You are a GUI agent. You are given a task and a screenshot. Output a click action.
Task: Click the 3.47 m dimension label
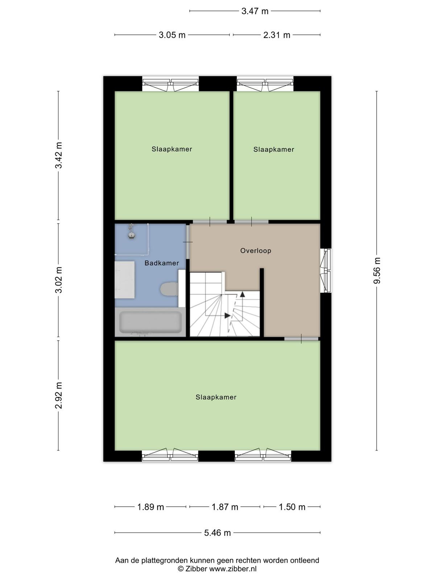tap(255, 11)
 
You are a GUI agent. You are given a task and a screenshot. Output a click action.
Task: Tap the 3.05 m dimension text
tap(172, 35)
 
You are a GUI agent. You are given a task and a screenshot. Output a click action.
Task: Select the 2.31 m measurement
tap(277, 35)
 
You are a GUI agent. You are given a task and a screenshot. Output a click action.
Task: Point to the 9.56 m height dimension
tap(377, 271)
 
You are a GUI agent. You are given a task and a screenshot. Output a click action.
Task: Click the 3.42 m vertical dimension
tap(58, 155)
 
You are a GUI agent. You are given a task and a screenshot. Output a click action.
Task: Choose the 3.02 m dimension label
tap(58, 280)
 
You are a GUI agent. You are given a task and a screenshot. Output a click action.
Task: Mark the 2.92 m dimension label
tap(58, 396)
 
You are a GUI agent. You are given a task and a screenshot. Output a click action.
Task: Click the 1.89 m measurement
tap(150, 507)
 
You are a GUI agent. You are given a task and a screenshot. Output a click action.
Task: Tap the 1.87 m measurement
tap(225, 507)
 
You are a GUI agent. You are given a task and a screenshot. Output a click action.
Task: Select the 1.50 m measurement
tap(292, 507)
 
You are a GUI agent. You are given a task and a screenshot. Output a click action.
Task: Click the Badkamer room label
tap(162, 263)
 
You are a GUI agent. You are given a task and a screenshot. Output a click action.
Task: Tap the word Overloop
tap(256, 250)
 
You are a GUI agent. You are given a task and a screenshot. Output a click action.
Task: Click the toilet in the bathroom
tap(169, 289)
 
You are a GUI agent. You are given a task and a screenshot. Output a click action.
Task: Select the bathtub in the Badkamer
tap(150, 322)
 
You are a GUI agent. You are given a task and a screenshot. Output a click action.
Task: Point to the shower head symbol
tap(131, 232)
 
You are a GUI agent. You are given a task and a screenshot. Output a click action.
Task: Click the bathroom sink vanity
tap(125, 280)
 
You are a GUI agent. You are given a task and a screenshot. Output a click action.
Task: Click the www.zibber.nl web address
tap(233, 569)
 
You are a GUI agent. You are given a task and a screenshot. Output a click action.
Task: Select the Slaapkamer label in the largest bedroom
tap(216, 397)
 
